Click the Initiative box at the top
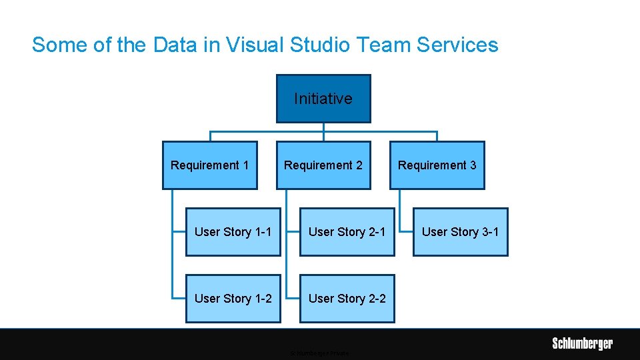[323, 99]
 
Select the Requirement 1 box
[210, 165]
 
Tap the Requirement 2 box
[323, 165]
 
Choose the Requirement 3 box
[437, 165]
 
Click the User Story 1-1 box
[233, 232]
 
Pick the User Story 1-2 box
[233, 299]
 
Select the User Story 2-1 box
[347, 232]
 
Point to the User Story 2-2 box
[347, 299]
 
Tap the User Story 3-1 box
[460, 232]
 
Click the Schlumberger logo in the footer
[582, 344]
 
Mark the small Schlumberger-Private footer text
[320, 353]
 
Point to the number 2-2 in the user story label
[377, 299]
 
